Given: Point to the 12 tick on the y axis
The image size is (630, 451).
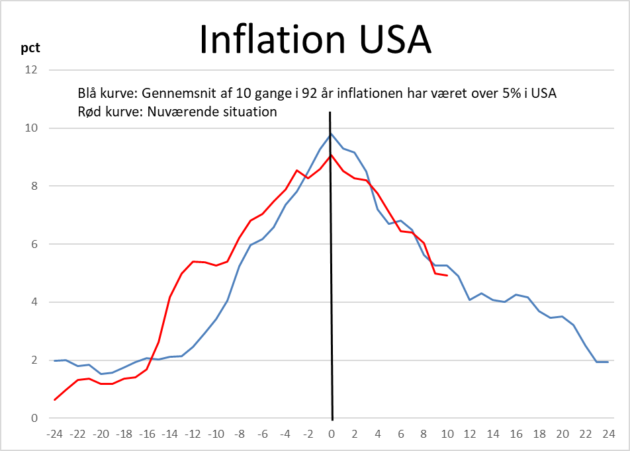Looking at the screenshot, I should point(32,70).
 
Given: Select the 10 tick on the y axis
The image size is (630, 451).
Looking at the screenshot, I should point(32,128).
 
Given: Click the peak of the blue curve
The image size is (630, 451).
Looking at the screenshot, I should point(331,134).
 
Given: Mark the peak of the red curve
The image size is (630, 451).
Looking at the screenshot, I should point(331,155).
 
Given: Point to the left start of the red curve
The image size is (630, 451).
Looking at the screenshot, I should point(55,399).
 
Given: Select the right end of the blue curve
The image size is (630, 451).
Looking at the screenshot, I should point(608,362).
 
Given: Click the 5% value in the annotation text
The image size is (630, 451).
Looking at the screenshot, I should point(500,93).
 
